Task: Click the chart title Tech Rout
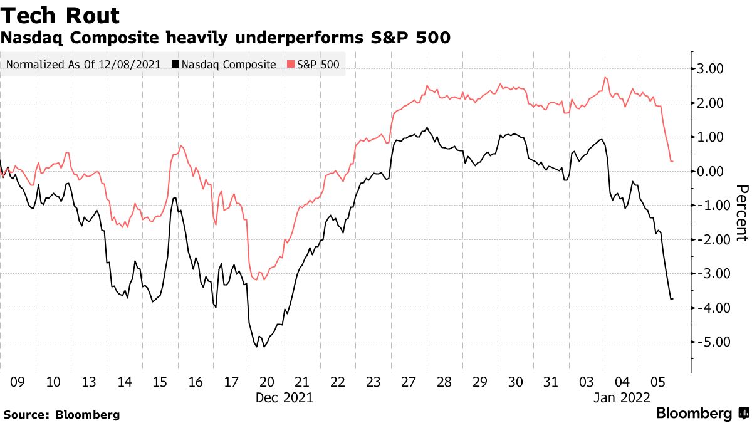tap(61, 15)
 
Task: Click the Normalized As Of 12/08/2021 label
tap(84, 65)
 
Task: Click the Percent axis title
tap(742, 213)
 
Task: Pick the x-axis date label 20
tap(267, 382)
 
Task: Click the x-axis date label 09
tap(18, 382)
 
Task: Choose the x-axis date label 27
tap(409, 382)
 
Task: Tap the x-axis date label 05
tap(657, 382)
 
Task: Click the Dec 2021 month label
tap(285, 397)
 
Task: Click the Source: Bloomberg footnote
tap(61, 414)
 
